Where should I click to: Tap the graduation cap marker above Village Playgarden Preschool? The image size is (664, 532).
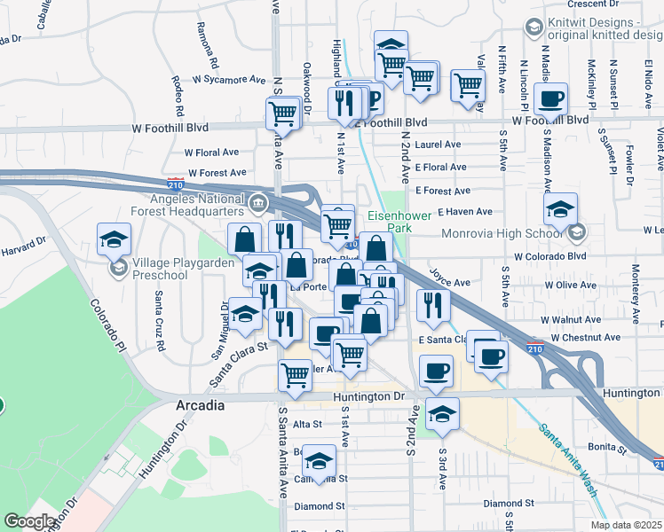coord(115,239)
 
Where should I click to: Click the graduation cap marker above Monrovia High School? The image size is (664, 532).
coord(561,210)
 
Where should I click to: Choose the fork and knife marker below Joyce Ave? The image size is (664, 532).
coord(432,304)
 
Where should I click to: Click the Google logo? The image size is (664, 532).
coord(30,521)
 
